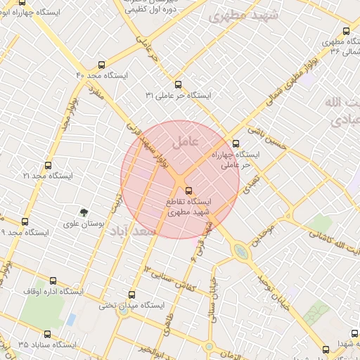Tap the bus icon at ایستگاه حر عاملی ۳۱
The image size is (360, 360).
[177, 84]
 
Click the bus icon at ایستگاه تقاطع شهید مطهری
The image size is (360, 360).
[188, 190]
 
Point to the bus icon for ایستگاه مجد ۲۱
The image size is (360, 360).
[48, 165]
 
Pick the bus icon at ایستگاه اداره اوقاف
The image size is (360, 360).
[53, 280]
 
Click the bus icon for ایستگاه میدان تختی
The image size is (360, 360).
[131, 295]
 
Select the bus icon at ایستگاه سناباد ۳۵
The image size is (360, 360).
[48, 334]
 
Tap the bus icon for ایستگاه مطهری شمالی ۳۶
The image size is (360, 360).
[346, 32]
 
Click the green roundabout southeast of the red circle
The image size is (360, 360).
[241, 250]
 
